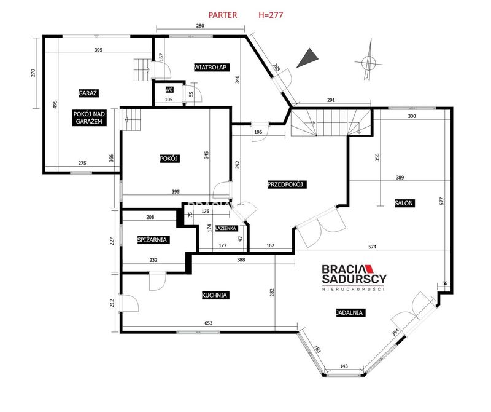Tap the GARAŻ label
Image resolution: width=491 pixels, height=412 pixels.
[88, 93]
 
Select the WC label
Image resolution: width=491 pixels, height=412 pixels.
[169, 90]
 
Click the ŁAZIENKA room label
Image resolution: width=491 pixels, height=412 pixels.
[226, 228]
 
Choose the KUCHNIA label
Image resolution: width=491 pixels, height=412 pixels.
[214, 295]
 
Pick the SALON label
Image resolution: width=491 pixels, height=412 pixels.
[404, 203]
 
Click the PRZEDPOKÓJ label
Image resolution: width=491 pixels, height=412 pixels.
[287, 184]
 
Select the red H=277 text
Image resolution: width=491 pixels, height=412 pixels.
[271, 15]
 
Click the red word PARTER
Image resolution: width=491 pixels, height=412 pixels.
[223, 15]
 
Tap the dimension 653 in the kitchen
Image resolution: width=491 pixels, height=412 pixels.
[208, 323]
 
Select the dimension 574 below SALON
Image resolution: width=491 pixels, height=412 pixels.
[373, 247]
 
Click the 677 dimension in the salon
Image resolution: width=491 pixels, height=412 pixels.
[441, 201]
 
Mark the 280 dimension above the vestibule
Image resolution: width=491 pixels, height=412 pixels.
[200, 26]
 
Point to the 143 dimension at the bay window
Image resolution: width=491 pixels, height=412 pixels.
[344, 366]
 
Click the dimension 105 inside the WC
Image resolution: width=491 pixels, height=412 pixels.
[168, 100]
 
